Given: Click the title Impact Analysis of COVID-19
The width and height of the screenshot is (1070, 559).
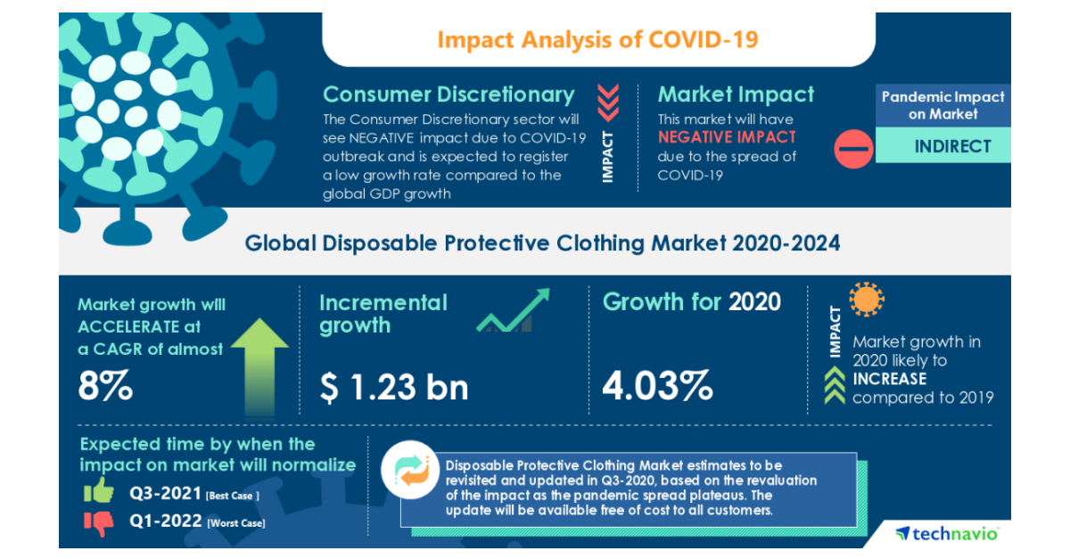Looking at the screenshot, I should [597, 40].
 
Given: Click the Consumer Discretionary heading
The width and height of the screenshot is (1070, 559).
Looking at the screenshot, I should [449, 95].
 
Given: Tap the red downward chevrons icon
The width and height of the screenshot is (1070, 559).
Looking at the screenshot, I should [607, 102].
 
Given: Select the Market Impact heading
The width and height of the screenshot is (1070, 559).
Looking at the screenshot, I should [736, 95].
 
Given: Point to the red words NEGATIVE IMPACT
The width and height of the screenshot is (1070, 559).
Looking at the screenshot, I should [727, 137].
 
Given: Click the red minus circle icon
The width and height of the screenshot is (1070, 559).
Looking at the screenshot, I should [853, 148].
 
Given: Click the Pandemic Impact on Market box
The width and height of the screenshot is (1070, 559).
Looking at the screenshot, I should [942, 105].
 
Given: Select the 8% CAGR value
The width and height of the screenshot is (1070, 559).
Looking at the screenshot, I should [105, 387].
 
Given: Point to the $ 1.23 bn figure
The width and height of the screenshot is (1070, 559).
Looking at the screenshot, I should [394, 387].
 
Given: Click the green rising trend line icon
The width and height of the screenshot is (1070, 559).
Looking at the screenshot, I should [514, 311].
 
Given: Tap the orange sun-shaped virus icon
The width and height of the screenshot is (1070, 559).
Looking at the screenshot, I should [866, 300].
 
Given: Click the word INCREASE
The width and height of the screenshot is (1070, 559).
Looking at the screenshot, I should [889, 379].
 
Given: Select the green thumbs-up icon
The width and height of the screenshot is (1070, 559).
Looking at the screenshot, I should [99, 491].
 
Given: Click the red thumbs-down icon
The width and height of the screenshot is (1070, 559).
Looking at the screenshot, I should [99, 522].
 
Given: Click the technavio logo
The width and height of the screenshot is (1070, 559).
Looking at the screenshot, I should [947, 533].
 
